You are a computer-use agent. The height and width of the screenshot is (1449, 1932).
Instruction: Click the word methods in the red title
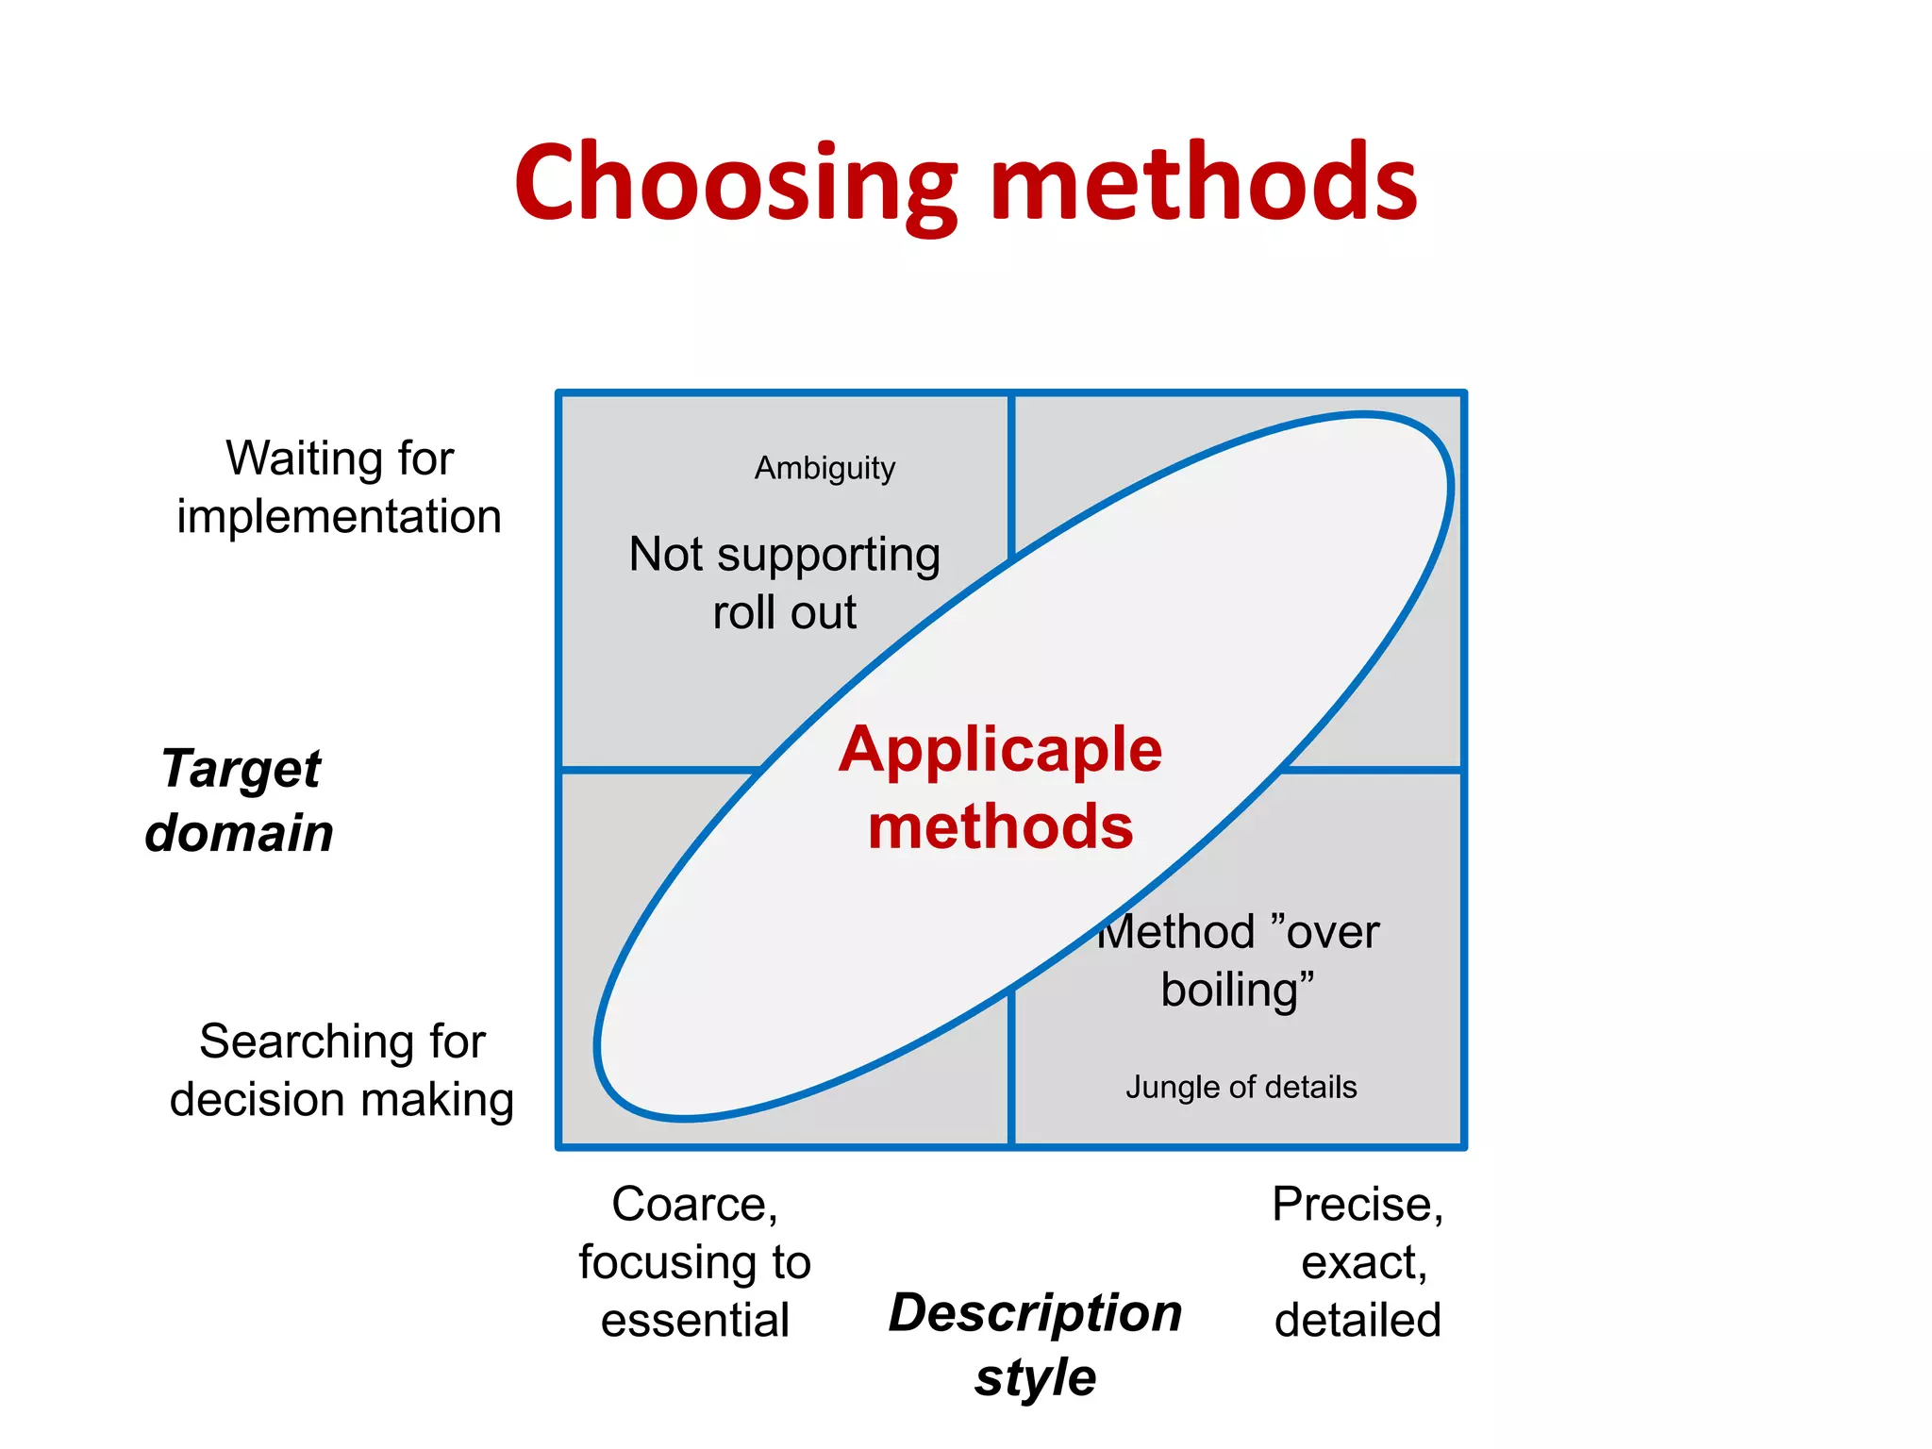click(1204, 182)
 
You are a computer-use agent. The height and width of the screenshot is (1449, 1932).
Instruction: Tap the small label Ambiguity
click(824, 468)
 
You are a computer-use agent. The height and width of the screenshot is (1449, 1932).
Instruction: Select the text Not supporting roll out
click(784, 582)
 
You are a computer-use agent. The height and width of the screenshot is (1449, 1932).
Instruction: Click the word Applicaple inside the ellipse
click(1000, 750)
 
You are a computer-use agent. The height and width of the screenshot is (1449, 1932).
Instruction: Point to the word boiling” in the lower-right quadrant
click(1237, 991)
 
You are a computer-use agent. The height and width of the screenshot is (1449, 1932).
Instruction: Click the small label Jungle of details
click(1241, 1088)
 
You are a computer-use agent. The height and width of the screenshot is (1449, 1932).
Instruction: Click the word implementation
click(339, 517)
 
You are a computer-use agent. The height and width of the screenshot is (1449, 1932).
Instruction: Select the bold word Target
click(241, 768)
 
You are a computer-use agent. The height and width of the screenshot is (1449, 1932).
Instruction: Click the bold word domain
click(240, 833)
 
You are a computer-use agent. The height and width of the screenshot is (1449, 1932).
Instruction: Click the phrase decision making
click(341, 1100)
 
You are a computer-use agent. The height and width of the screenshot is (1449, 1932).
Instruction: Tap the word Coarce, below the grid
click(694, 1205)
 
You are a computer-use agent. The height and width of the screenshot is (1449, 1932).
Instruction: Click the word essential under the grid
click(694, 1321)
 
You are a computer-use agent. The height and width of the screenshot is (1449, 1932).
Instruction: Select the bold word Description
click(1035, 1313)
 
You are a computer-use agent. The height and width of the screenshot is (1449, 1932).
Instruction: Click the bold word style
click(1035, 1378)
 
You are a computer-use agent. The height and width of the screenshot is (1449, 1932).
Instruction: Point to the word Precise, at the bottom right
click(1357, 1205)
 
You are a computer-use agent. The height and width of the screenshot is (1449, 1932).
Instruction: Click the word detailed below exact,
click(1357, 1321)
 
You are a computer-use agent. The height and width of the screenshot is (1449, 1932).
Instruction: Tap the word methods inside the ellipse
click(1000, 827)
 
